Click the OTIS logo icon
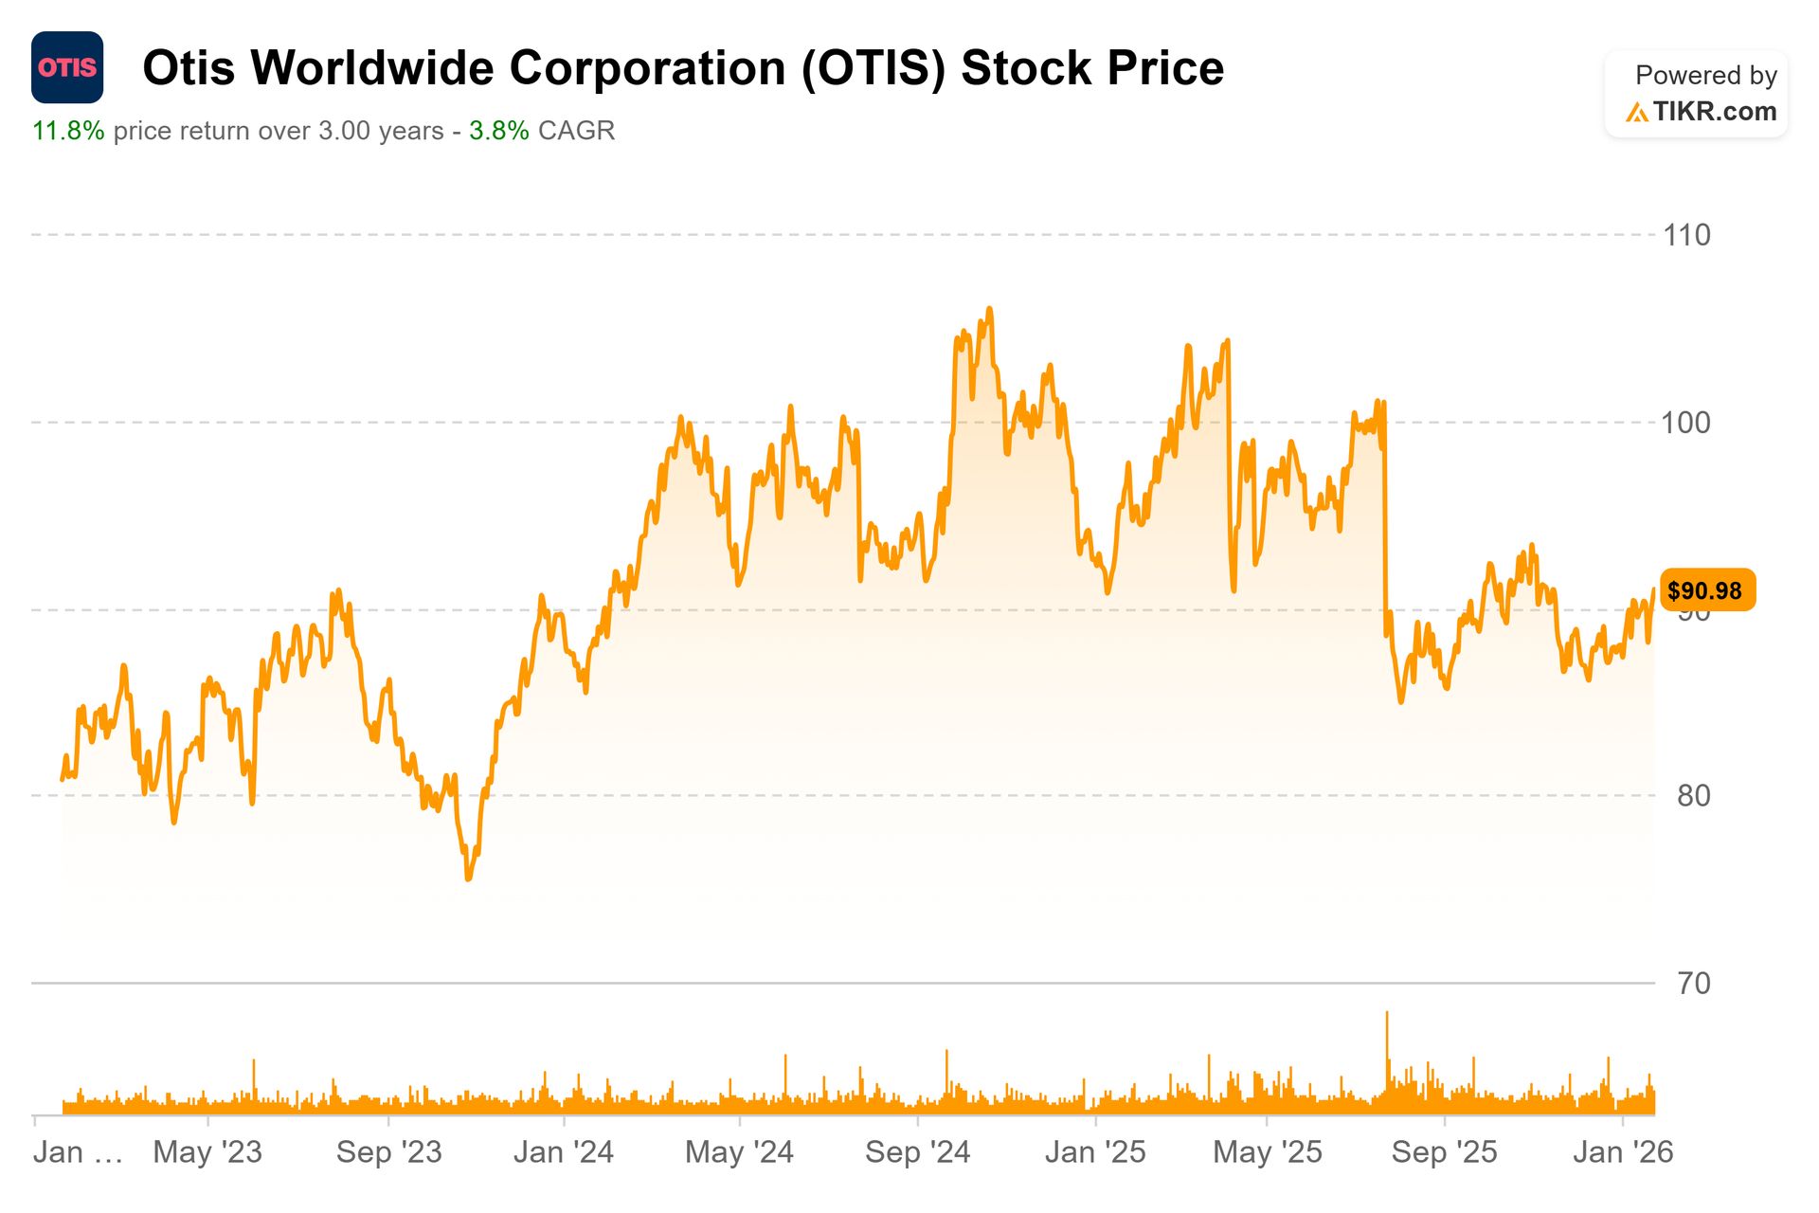(x=67, y=67)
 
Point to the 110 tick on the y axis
(x=1686, y=235)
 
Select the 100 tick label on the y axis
(x=1686, y=423)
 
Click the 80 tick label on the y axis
(x=1693, y=795)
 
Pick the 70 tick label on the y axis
(x=1693, y=983)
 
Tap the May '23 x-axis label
(x=207, y=1151)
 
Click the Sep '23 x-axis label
(x=388, y=1151)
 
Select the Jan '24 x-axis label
(x=564, y=1151)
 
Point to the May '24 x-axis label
(x=739, y=1151)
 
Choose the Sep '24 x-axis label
(x=917, y=1151)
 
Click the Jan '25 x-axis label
(x=1095, y=1151)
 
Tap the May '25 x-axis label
(x=1268, y=1151)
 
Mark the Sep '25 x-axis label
(x=1444, y=1151)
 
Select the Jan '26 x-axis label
(x=1623, y=1151)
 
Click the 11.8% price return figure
(x=68, y=131)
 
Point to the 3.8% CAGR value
(x=499, y=131)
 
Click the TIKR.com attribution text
(x=1714, y=112)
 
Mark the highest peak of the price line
(x=989, y=309)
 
